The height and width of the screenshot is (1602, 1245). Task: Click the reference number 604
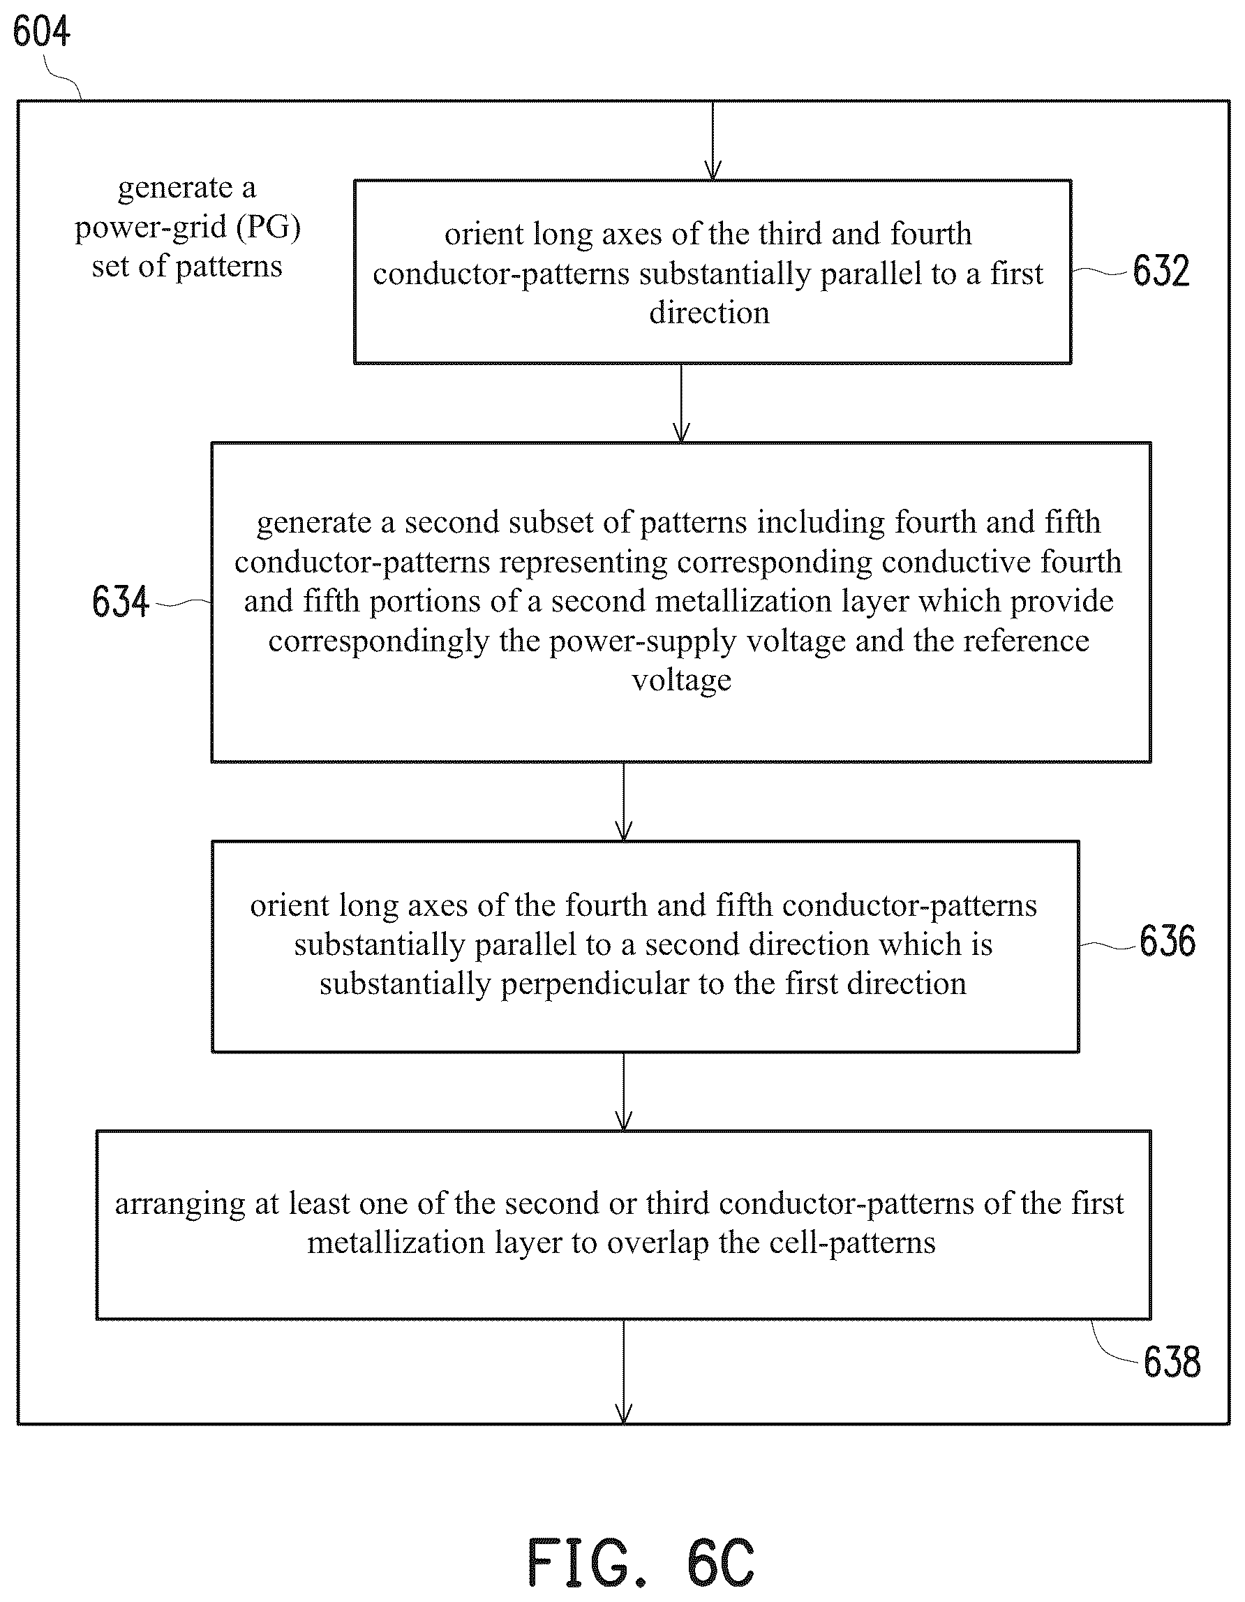42,32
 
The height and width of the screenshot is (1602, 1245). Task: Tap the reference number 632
1161,271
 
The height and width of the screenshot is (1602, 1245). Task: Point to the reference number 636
1168,941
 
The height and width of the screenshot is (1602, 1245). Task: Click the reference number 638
1172,1363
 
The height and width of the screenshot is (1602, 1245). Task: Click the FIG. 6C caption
641,1562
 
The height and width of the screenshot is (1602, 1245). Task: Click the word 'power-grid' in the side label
151,228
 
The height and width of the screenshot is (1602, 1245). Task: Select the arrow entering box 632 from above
713,141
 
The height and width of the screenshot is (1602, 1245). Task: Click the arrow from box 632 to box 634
681,403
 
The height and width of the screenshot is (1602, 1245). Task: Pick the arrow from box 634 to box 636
623,802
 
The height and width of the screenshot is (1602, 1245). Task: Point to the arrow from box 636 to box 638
623,1092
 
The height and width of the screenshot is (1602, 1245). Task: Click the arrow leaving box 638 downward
623,1372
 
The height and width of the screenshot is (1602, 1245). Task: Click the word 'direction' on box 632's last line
709,313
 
